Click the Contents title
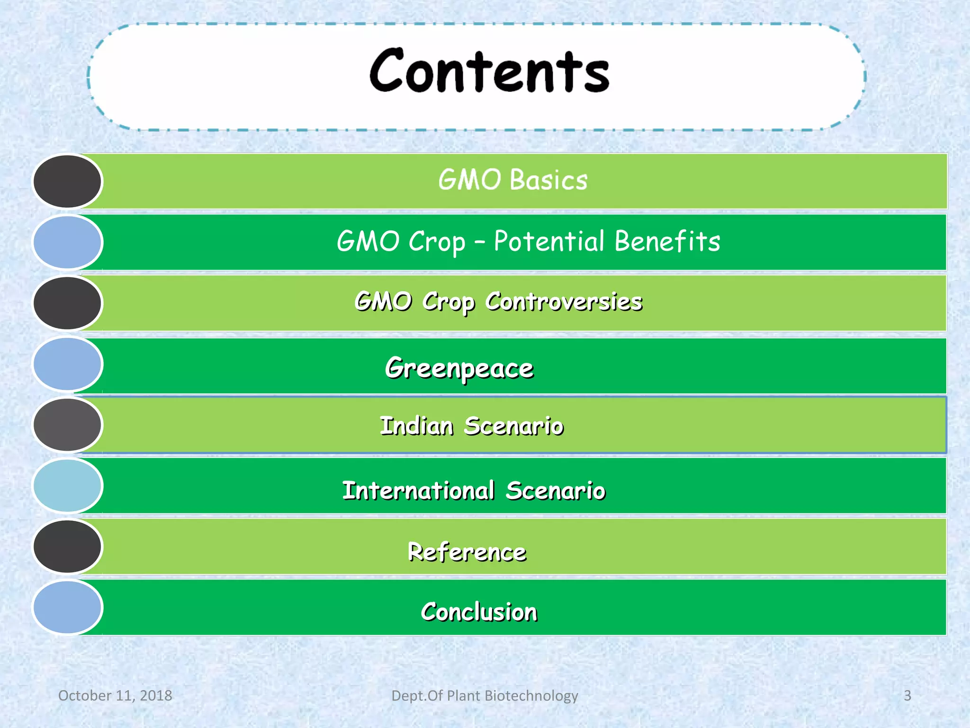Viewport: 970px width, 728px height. point(489,72)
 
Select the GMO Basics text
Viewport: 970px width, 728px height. point(512,180)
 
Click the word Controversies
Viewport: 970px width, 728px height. point(564,301)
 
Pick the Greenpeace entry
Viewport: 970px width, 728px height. point(459,368)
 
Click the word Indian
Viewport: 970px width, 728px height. point(416,426)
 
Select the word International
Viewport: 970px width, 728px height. point(418,490)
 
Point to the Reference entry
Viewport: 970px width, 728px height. point(467,552)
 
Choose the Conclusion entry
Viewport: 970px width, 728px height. point(479,611)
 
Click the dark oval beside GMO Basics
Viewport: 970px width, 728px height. point(68,181)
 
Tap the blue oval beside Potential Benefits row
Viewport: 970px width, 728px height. point(68,242)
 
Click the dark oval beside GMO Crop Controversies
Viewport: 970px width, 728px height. point(68,303)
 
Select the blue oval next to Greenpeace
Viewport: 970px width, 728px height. point(68,364)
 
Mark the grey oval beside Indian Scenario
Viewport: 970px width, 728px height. point(68,425)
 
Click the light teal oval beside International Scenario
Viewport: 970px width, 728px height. point(68,485)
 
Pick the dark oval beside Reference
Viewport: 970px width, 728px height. point(68,546)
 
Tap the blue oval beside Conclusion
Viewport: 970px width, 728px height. point(68,607)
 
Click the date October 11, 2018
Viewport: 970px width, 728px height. point(115,695)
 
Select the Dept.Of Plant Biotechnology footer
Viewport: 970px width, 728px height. point(485,695)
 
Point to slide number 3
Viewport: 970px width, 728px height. point(907,695)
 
